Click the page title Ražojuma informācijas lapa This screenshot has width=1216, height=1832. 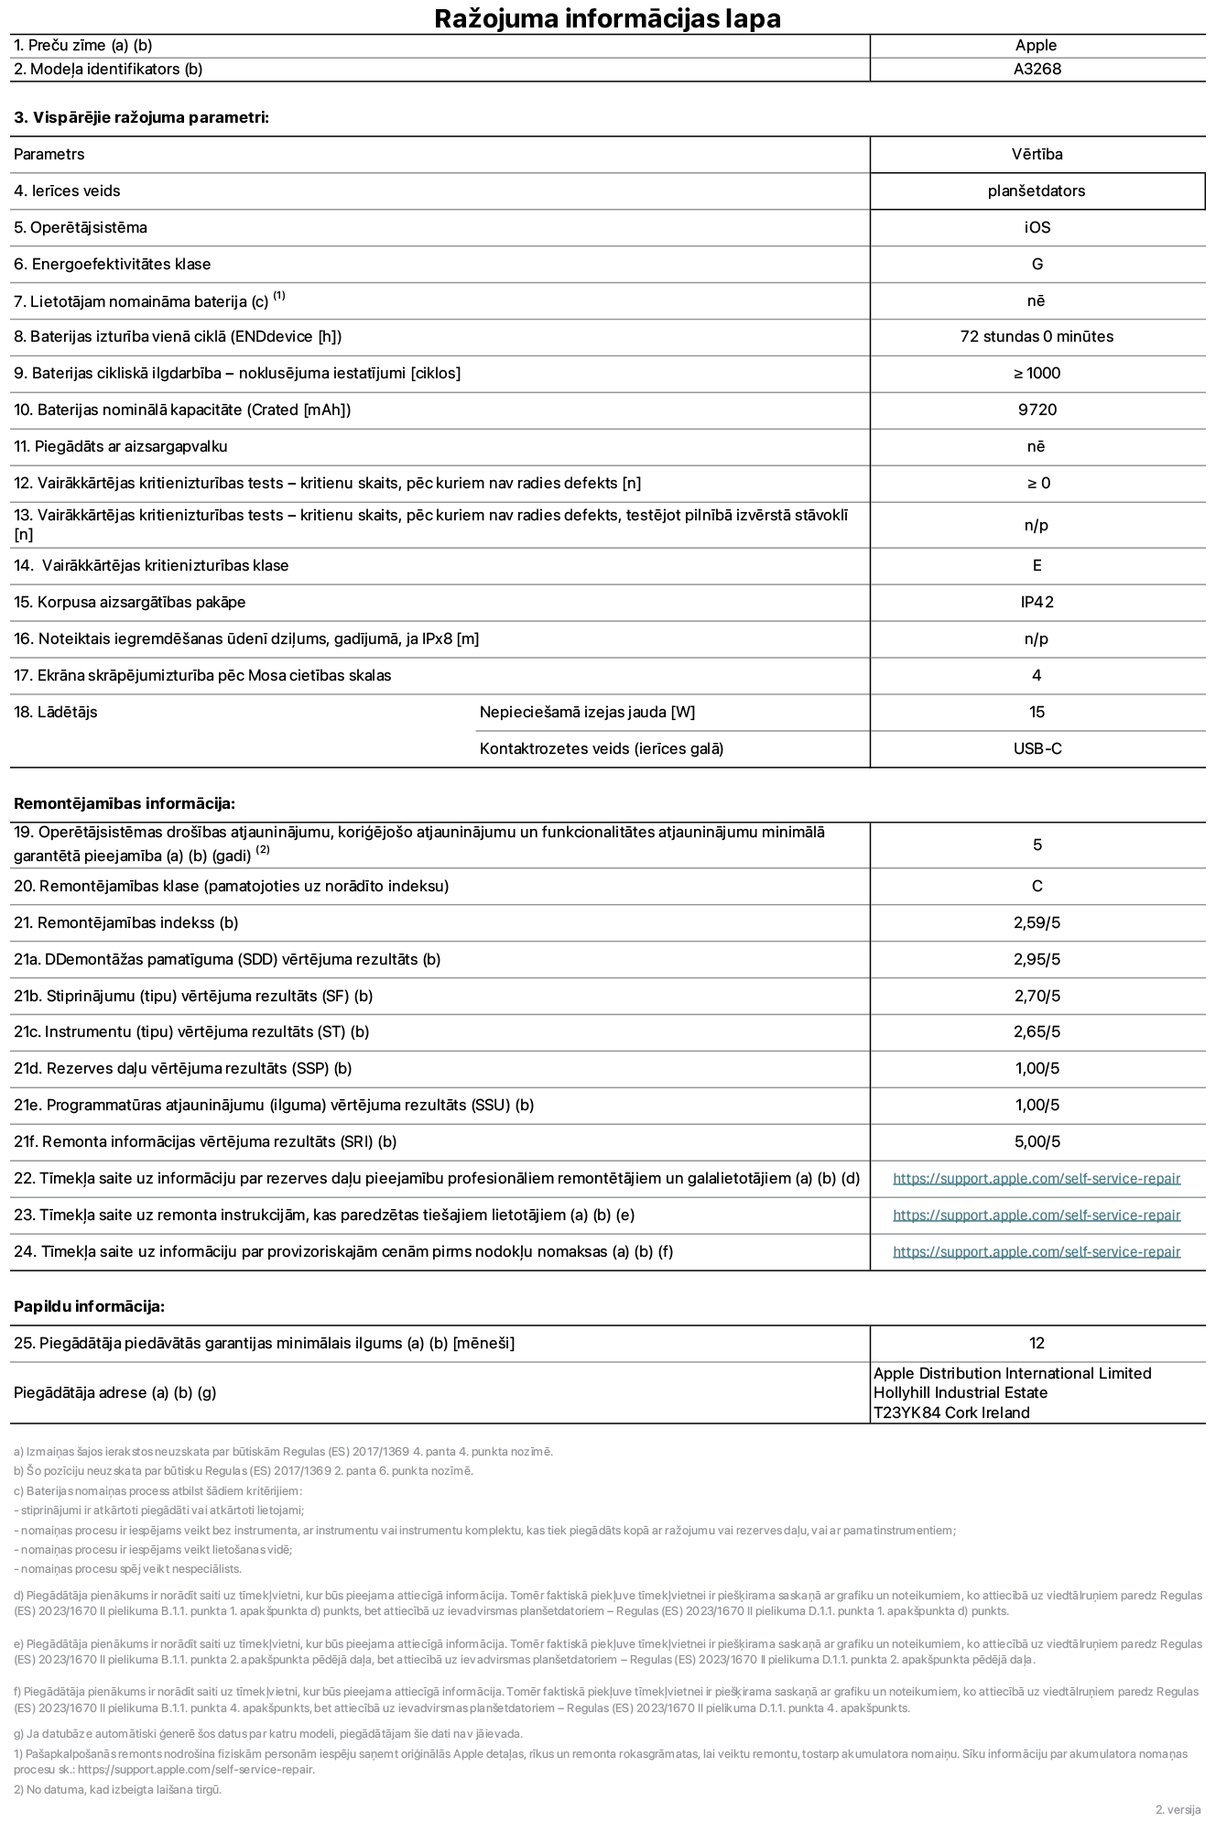click(607, 18)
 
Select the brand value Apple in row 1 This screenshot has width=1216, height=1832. click(1036, 45)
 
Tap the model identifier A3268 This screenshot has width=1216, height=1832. click(1037, 69)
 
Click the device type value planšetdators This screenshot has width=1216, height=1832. click(1037, 191)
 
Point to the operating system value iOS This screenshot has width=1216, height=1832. click(1037, 227)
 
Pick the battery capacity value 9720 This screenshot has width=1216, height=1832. click(1037, 409)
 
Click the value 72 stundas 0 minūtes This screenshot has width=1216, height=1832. click(1037, 336)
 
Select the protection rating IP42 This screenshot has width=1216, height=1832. click(1037, 602)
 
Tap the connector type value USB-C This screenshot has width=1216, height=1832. click(1037, 748)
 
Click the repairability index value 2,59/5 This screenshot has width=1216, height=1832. click(1037, 922)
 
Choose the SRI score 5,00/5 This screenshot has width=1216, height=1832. click(1037, 1141)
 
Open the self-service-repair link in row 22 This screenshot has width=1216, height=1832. click(1037, 1178)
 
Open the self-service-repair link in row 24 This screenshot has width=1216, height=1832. click(1037, 1251)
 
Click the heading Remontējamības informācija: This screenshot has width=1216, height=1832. click(125, 803)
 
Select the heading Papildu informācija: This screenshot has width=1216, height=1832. click(89, 1306)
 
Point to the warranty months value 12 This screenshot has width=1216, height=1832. click(1037, 1343)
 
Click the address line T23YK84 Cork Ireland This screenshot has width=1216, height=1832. click(951, 1412)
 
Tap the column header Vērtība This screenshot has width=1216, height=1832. click(1037, 154)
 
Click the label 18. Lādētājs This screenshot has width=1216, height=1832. click(55, 712)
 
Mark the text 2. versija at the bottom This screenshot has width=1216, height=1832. click(1178, 1809)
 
